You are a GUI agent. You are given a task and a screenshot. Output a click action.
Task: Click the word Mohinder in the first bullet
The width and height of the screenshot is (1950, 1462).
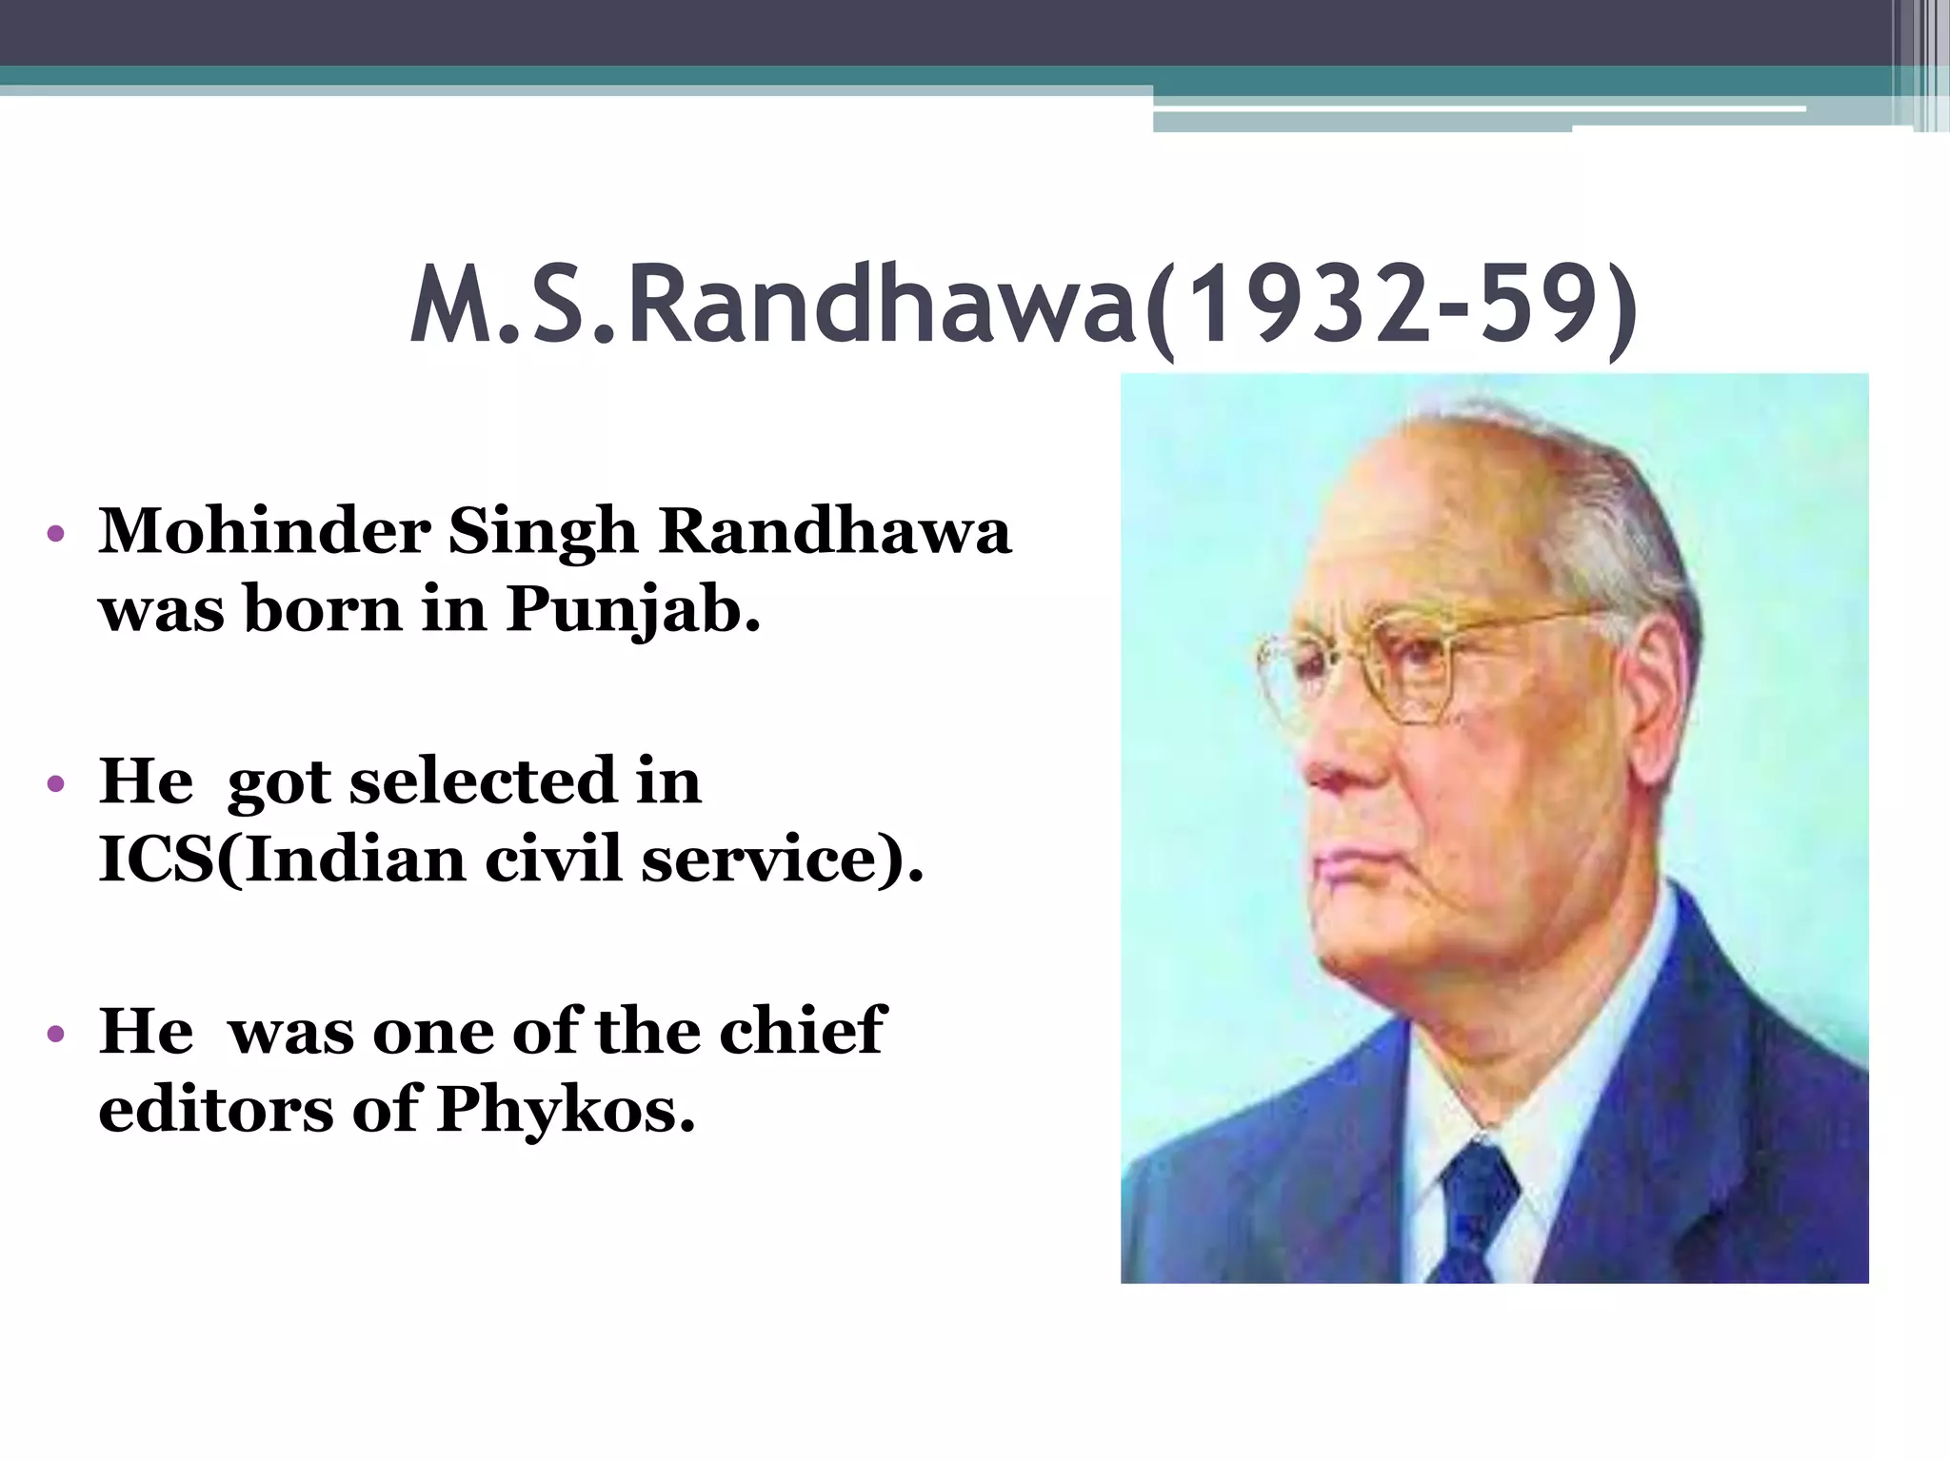264,530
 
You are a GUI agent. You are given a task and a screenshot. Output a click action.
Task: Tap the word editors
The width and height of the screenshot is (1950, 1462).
216,1110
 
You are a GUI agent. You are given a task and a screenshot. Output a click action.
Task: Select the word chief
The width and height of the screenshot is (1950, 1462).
802,1030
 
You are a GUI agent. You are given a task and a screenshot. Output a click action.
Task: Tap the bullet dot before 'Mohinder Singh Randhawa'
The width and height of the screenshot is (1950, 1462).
56,533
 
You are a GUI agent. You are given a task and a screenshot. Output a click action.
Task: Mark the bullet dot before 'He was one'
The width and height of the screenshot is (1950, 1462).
56,1034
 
